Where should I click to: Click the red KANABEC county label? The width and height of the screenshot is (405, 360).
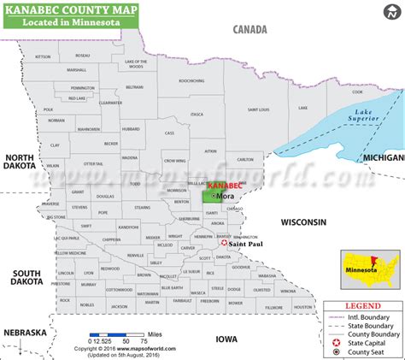(220, 185)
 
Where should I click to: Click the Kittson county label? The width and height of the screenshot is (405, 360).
(44, 56)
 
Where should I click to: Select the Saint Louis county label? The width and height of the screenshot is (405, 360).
(259, 109)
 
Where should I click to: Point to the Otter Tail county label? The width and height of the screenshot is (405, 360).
(92, 162)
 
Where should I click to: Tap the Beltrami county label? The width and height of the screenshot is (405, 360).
(134, 87)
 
